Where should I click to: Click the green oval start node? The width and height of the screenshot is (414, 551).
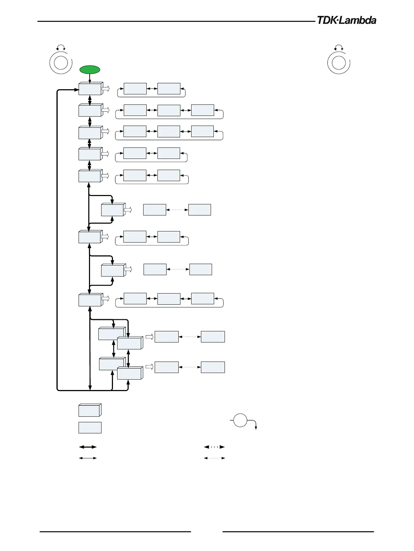tap(90, 69)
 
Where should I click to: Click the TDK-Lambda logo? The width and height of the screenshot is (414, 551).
tap(347, 20)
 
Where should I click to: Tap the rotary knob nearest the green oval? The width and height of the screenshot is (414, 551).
tap(60, 62)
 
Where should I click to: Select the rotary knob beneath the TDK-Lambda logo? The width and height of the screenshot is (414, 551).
tap(339, 62)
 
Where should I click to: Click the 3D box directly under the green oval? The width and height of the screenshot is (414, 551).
tap(90, 89)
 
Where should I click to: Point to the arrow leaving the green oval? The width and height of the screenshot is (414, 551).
tap(90, 78)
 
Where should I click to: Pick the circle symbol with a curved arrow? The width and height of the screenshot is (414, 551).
tap(240, 421)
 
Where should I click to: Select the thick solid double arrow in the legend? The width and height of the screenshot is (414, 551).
tap(88, 447)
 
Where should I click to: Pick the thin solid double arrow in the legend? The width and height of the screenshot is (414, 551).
tap(88, 458)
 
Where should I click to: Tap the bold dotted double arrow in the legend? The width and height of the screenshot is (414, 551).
tap(214, 447)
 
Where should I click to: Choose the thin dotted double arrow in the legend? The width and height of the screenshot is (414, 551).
tap(214, 458)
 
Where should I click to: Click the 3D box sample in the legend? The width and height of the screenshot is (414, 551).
tap(90, 410)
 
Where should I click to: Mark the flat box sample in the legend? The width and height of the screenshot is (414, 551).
tap(90, 427)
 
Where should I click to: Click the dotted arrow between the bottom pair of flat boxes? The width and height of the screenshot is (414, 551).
tap(189, 367)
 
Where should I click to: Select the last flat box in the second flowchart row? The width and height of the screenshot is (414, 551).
tap(202, 110)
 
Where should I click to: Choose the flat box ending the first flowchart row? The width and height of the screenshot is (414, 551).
tap(169, 89)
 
